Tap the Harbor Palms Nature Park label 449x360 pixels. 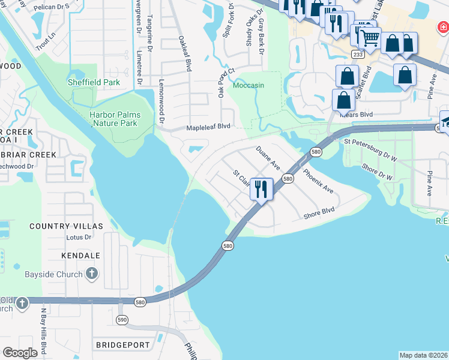115,119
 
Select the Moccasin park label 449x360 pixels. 248,85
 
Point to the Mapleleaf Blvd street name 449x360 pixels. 208,127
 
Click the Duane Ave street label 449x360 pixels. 268,157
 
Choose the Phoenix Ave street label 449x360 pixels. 318,181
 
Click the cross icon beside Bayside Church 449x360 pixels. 92,274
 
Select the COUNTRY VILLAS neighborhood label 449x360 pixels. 66,226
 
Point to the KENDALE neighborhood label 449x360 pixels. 80,256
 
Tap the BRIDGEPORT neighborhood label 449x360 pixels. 122,346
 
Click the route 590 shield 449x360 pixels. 122,319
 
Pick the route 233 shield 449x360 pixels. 358,54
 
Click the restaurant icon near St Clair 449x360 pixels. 261,189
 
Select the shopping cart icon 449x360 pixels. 370,38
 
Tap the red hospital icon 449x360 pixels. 442,27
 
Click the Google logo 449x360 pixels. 20,353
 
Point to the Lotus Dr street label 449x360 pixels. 79,237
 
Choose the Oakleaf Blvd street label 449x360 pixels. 184,53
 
